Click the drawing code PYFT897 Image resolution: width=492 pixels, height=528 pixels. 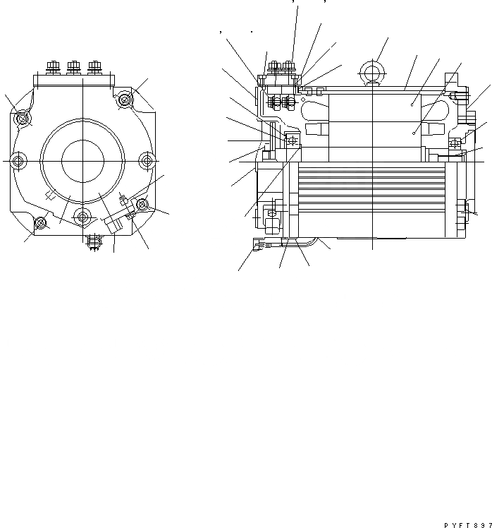pyautogui.click(x=467, y=524)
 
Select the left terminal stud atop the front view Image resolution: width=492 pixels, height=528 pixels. pyautogui.click(x=53, y=69)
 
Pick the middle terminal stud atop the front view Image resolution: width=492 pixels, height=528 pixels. pyautogui.click(x=73, y=69)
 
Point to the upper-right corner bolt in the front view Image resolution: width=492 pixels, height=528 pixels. pyautogui.click(x=125, y=101)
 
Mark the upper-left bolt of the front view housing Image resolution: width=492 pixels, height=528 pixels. pyautogui.click(x=23, y=116)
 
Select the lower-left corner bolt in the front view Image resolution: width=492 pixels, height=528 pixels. pyautogui.click(x=41, y=224)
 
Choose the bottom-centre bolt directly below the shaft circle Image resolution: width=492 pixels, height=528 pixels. pyautogui.click(x=83, y=215)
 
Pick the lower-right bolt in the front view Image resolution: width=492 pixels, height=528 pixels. pyautogui.click(x=142, y=205)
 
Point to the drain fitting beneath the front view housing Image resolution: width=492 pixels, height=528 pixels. pyautogui.click(x=91, y=241)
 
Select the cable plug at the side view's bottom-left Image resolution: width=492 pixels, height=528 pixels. pyautogui.click(x=258, y=245)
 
